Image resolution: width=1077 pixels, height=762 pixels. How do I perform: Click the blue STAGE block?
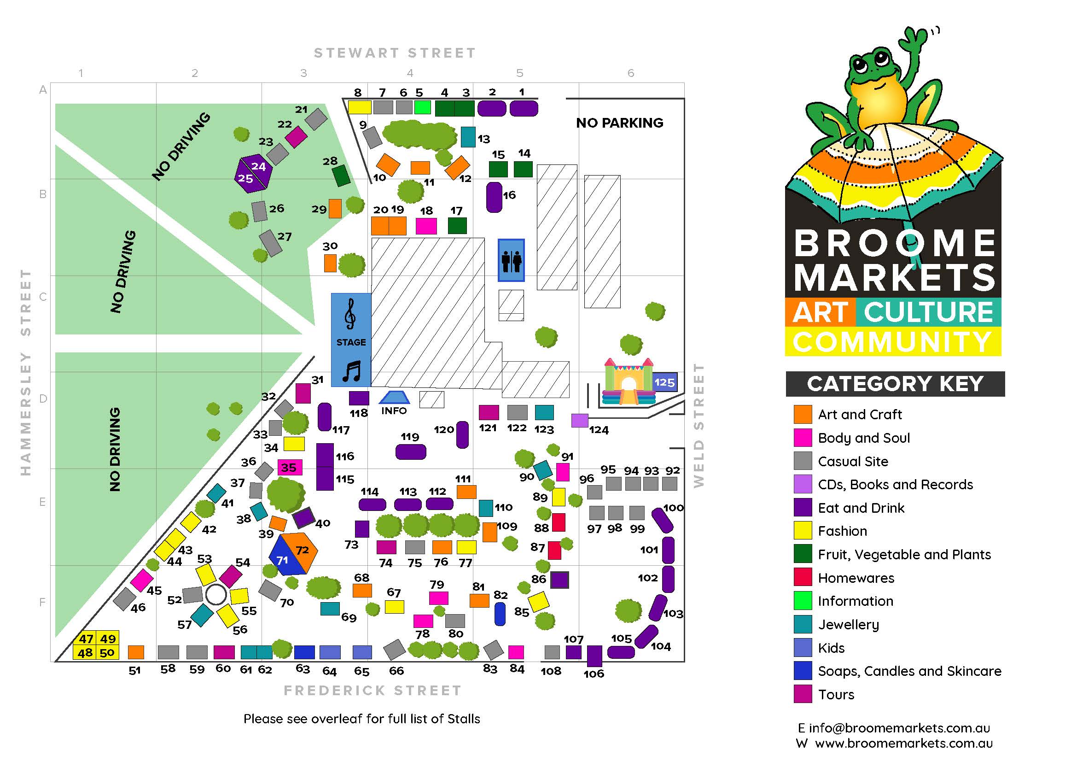tap(351, 340)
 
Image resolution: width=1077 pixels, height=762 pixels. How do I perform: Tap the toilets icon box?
tap(511, 260)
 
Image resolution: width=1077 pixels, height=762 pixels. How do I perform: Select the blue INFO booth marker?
tap(394, 398)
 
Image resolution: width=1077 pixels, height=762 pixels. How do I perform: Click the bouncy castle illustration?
tap(628, 382)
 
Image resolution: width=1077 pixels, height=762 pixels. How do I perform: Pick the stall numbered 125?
tap(665, 382)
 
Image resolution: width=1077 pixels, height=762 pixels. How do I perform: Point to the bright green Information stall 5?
tap(422, 107)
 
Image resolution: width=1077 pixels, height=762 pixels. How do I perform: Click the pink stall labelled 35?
tap(290, 467)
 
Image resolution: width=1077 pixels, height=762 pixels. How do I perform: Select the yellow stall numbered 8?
tap(359, 107)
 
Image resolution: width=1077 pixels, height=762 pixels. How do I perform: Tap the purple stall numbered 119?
tap(410, 452)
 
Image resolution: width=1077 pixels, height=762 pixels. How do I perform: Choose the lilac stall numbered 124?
tap(580, 421)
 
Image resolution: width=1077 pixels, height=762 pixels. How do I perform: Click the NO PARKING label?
tap(619, 123)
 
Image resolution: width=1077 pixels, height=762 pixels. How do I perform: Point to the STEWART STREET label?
tap(395, 53)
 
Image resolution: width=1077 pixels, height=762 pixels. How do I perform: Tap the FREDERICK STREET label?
tap(373, 690)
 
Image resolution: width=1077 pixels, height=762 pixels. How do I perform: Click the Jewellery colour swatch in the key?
tap(803, 625)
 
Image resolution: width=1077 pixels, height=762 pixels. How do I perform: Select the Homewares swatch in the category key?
tap(803, 578)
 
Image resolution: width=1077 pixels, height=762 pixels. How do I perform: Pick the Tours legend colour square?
tap(803, 694)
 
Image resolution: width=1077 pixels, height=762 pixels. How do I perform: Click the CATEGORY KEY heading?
tap(895, 384)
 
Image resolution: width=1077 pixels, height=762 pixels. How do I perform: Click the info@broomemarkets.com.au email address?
tap(899, 728)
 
